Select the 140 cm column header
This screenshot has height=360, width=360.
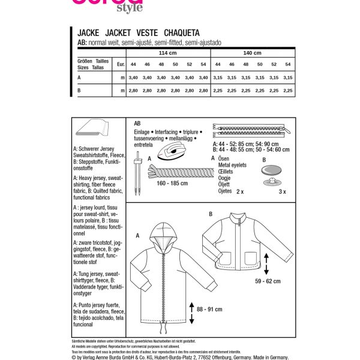(253, 53)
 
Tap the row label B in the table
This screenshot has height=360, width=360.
(79, 90)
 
